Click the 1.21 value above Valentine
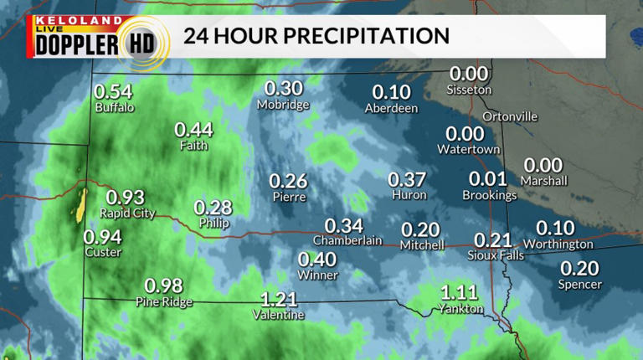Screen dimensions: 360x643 278,299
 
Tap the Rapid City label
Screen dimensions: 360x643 127,213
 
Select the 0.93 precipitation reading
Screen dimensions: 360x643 126,198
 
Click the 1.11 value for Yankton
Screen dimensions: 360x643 459,292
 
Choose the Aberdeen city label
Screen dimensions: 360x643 391,109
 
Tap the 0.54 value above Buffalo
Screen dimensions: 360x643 113,91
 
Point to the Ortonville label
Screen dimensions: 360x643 510,116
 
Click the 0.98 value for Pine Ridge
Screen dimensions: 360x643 163,285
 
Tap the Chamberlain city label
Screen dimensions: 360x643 347,240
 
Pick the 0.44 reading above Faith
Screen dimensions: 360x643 193,130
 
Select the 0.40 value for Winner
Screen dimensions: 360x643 317,260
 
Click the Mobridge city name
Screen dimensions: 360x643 283,105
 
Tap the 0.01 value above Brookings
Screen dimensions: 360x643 488,178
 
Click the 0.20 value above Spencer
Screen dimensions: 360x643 579,269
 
